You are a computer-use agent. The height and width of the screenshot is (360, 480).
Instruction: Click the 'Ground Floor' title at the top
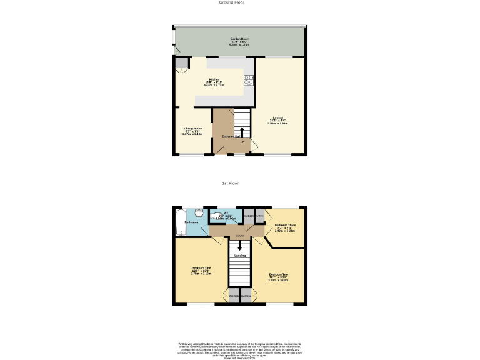click(231, 2)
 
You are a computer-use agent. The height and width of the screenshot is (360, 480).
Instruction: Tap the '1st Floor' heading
click(231, 183)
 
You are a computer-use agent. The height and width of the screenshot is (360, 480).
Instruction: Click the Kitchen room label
click(214, 82)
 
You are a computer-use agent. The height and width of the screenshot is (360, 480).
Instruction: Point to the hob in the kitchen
click(249, 79)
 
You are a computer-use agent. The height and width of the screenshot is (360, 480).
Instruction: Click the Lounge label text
click(277, 120)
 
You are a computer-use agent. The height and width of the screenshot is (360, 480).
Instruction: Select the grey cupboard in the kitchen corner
click(181, 63)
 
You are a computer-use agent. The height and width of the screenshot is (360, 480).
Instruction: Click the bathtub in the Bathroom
click(181, 224)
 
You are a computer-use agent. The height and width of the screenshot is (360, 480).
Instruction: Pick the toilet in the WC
click(217, 217)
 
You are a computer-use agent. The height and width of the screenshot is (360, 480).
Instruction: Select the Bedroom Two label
click(278, 277)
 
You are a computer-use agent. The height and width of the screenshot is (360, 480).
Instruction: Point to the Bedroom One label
click(201, 271)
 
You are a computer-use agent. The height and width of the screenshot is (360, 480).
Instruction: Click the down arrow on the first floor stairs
click(239, 245)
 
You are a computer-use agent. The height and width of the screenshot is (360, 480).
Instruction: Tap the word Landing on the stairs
click(239, 256)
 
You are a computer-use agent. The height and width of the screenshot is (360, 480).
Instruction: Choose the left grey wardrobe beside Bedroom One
click(233, 296)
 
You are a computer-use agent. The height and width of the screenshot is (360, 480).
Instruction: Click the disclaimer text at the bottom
click(239, 347)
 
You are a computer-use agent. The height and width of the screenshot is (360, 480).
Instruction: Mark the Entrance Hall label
click(230, 136)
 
